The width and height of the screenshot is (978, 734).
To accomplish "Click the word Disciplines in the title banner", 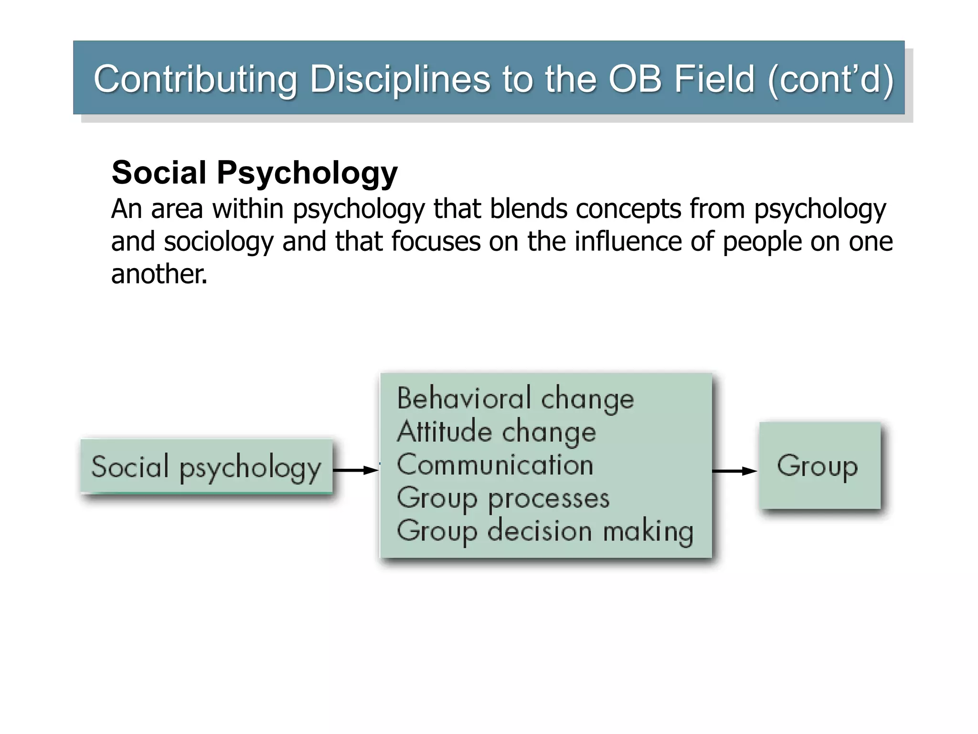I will point(400,79).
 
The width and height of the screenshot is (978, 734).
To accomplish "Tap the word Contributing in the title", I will point(195,79).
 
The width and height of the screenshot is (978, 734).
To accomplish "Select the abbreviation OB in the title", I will point(635,79).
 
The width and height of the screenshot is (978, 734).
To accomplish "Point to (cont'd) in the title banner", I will point(830,79).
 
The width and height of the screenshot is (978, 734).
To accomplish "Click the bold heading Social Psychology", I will point(255,173).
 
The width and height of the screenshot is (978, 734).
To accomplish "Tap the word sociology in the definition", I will point(219,241).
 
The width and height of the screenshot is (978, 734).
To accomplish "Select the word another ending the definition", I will point(159,274).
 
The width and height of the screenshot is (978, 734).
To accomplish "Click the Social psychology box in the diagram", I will point(206,466).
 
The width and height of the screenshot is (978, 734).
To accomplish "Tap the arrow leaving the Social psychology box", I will point(355,470).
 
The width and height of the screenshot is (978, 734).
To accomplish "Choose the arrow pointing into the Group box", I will point(734,471).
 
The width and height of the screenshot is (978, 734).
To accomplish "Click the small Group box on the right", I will point(819,465).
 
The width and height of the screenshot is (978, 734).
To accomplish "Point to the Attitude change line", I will point(496,432).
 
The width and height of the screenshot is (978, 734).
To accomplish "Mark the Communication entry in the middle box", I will point(495,465).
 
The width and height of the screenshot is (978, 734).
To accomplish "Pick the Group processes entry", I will point(503,498).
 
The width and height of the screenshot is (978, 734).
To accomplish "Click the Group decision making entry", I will point(545,531).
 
